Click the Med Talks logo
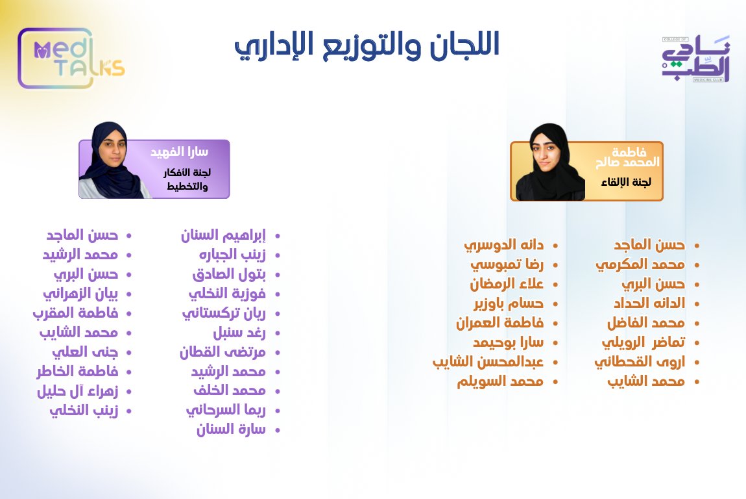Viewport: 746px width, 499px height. pyautogui.click(x=71, y=58)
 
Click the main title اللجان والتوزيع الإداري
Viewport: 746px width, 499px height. pyautogui.click(x=367, y=45)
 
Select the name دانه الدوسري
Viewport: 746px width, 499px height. pyautogui.click(x=503, y=245)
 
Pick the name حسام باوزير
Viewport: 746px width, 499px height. pyautogui.click(x=509, y=303)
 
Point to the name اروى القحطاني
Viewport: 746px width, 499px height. pyautogui.click(x=640, y=361)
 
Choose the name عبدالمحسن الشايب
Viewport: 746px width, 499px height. pyautogui.click(x=488, y=361)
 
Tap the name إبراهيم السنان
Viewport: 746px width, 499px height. pyautogui.click(x=224, y=235)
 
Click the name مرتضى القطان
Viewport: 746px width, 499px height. pyautogui.click(x=223, y=352)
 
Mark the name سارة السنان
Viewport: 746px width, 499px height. pyautogui.click(x=232, y=429)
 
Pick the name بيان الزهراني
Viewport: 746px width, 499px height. pyautogui.click(x=80, y=294)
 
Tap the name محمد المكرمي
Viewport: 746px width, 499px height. pyautogui.click(x=640, y=264)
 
